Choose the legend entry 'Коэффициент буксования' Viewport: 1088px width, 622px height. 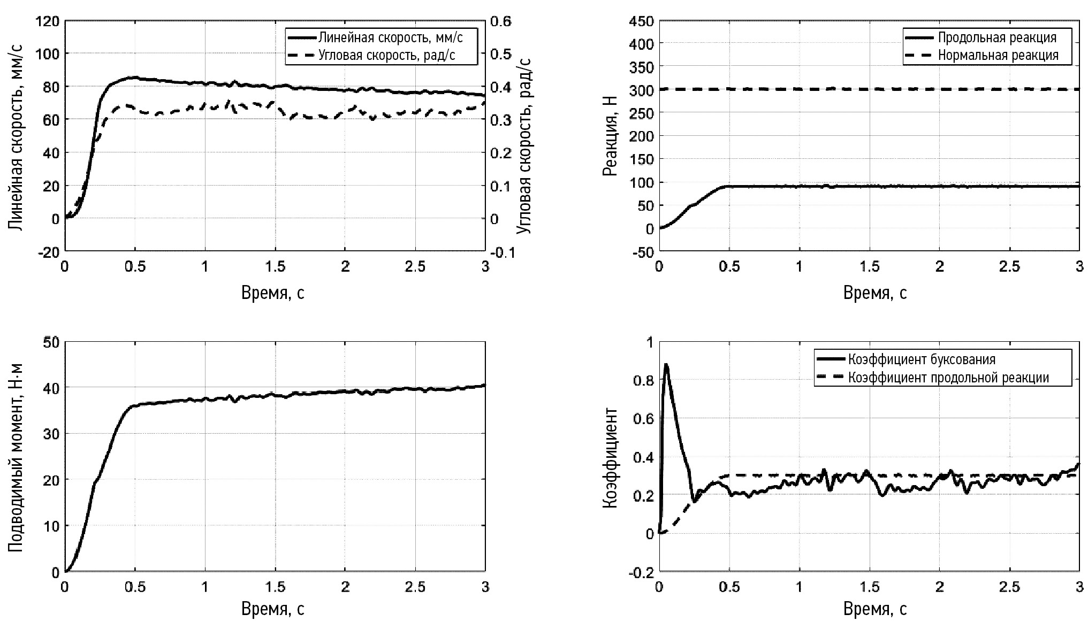[921, 359]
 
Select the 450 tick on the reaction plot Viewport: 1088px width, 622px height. [642, 21]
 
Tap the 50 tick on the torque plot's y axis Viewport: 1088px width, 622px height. [51, 342]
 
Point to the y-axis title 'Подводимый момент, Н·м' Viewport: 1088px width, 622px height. [16, 457]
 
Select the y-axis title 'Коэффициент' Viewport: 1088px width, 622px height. [610, 457]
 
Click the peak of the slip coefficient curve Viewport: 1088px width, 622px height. [666, 365]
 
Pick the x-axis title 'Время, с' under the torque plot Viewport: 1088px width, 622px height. [273, 609]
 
